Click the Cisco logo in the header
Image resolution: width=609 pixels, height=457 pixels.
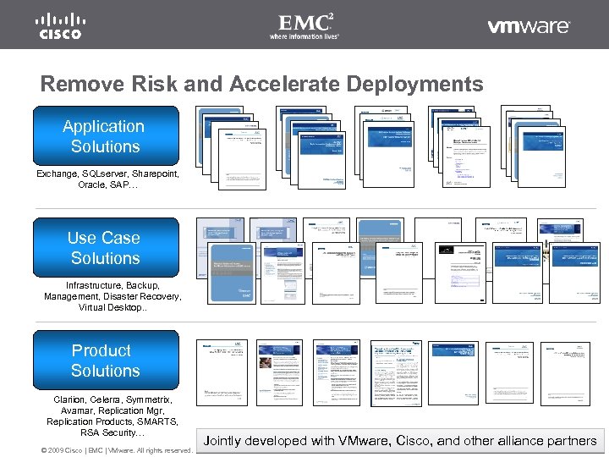click(58, 26)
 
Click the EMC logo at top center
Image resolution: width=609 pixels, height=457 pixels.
click(304, 25)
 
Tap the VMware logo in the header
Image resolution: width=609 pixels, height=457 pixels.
click(529, 26)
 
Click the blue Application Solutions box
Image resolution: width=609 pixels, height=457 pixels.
click(105, 136)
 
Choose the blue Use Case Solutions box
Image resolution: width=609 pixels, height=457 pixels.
click(105, 248)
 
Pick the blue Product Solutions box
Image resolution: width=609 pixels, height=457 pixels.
click(105, 361)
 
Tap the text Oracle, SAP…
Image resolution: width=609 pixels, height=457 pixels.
click(106, 184)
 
